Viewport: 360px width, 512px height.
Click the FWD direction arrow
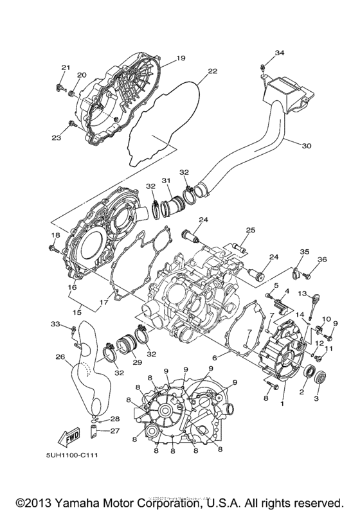coord(69,438)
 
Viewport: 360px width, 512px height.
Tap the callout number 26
coord(60,357)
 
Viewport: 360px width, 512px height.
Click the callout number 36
coord(322,260)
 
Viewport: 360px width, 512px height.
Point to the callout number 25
coord(250,230)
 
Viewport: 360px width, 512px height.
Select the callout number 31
coord(166,180)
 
